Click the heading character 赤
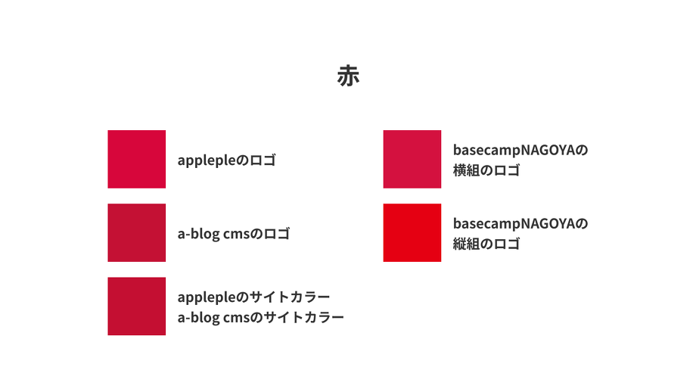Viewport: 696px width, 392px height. (348, 76)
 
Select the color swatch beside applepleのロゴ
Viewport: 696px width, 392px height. (136, 159)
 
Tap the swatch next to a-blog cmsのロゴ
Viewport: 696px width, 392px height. (136, 232)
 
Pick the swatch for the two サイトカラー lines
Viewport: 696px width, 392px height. (136, 306)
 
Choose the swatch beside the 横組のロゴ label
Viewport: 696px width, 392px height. (412, 159)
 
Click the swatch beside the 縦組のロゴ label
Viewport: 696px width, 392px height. (412, 232)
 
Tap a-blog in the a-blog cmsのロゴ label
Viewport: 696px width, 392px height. (198, 234)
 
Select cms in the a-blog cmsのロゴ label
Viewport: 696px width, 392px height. (236, 234)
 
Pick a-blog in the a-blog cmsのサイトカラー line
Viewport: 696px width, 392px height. (198, 318)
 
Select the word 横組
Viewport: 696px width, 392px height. (466, 170)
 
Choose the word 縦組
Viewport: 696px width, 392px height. (466, 244)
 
